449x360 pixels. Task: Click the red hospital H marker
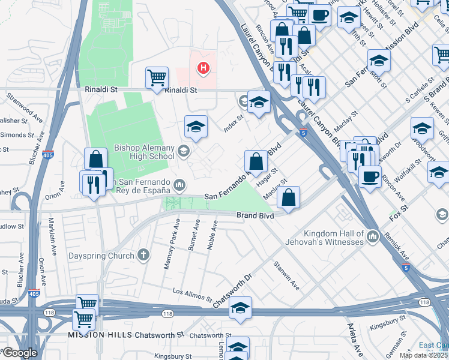pos(203,68)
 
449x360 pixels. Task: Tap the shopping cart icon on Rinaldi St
pos(157,77)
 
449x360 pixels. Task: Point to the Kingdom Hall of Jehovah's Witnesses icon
pos(374,237)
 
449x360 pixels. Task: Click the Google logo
pos(19,353)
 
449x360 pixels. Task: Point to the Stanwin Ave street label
pos(286,275)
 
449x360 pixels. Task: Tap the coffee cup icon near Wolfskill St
pos(370,176)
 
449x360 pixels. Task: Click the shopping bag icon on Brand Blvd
pos(289,197)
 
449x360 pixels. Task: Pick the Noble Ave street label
pos(212,237)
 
